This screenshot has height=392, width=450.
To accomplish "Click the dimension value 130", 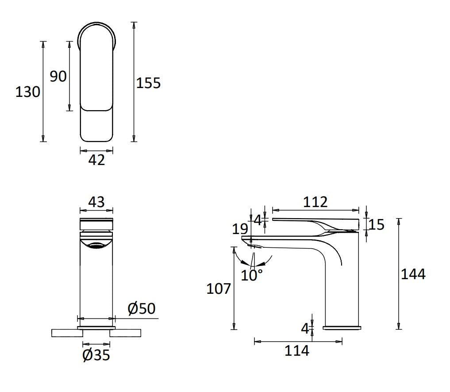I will pos(27,92).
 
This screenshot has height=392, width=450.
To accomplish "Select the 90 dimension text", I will pos(58,76).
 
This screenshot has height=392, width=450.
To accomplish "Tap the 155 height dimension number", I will pos(148,83).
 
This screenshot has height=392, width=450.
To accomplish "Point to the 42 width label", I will pos(96,160).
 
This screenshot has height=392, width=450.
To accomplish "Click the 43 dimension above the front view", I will pos(96,202).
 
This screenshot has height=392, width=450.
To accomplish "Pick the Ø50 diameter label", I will pos(142,308).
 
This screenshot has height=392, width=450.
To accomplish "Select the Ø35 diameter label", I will pos(96,354).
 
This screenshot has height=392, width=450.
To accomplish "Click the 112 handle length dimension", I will pos(315,202).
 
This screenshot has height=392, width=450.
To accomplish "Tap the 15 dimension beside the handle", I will pos(377,225).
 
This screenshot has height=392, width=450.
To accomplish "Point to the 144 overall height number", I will pos(413,274).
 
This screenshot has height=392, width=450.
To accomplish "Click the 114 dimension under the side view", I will pos(296,351).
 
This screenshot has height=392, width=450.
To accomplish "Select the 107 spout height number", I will pos(219,289).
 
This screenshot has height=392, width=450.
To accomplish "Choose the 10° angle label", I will pos(252,275).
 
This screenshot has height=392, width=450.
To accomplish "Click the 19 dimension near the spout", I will pos(240,229).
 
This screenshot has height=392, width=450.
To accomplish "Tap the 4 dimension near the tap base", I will pos(305,328).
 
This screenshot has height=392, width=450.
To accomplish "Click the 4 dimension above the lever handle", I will pos(258,219).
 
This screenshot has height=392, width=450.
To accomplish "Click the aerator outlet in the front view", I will pos(96,246).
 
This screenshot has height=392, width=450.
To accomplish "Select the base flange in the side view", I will pos(342,328).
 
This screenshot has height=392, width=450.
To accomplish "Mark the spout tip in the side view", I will pos(246,239).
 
